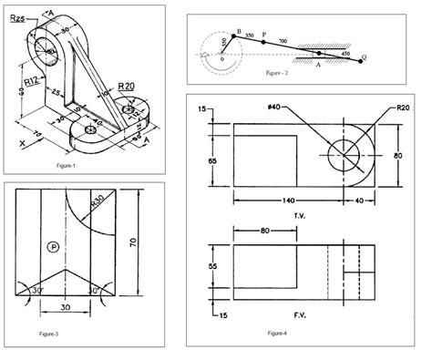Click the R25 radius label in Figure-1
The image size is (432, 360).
coord(15,17)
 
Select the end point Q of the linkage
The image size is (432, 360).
coord(365,57)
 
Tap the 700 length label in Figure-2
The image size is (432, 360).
coord(283,41)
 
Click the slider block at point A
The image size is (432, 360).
coord(319,54)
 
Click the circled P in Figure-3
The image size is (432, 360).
coord(54,246)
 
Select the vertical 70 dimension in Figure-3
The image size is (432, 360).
coord(133,242)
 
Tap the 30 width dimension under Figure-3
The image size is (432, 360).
coord(66,307)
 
